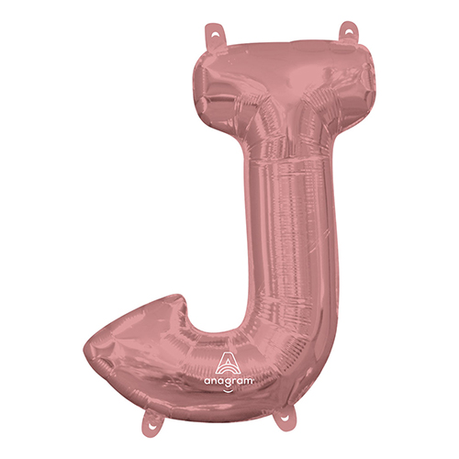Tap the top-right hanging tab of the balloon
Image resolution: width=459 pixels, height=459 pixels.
click(349, 32)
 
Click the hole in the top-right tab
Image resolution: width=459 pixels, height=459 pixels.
click(349, 30)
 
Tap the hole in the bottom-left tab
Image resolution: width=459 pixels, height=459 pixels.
click(151, 424)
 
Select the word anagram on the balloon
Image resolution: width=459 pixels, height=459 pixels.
click(229, 381)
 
